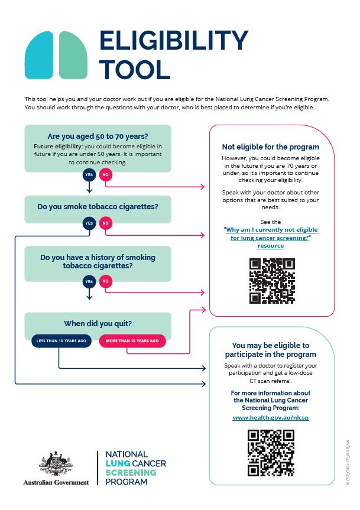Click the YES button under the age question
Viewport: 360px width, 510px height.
click(89, 175)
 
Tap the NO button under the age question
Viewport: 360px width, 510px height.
click(106, 175)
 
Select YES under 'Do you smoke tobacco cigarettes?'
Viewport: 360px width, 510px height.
click(89, 223)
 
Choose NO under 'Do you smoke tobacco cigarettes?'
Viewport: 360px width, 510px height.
click(106, 223)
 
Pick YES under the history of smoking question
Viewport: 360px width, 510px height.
click(89, 281)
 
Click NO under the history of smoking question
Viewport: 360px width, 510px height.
click(106, 281)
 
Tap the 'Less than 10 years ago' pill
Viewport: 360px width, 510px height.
click(61, 341)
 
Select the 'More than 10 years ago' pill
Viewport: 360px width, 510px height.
click(132, 341)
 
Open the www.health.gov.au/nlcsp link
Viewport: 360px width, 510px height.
click(271, 417)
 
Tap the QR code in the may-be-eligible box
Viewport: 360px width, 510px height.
click(271, 453)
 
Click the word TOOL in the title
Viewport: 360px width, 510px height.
click(134, 69)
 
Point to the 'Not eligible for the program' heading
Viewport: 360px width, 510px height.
click(271, 147)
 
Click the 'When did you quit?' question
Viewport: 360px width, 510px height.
click(98, 323)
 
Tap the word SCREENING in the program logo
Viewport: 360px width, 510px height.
click(131, 473)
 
